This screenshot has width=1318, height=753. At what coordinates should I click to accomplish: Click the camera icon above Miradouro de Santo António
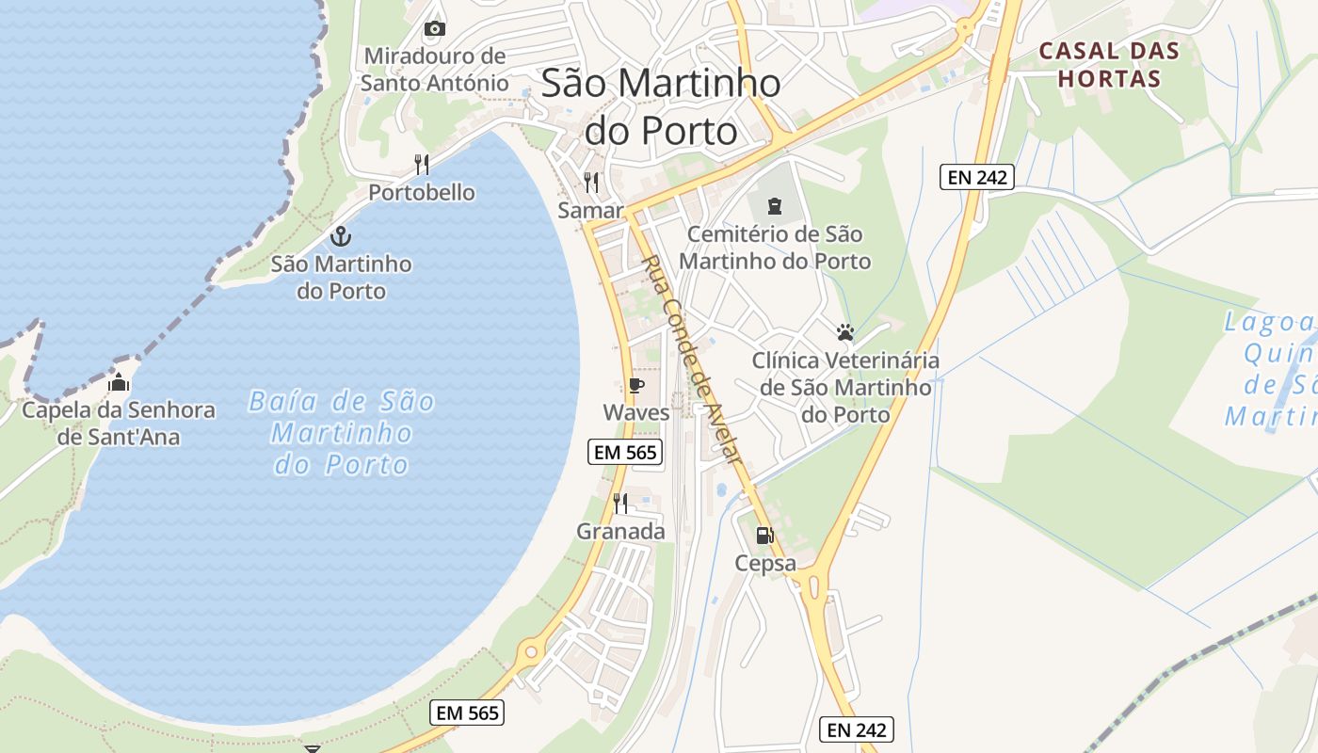tap(434, 28)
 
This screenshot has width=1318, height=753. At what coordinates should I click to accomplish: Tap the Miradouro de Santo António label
tap(434, 70)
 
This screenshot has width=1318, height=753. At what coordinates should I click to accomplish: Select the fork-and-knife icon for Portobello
tap(422, 165)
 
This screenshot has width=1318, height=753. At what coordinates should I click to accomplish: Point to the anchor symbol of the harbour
tap(341, 235)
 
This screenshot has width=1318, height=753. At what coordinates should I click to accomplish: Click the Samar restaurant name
tap(590, 210)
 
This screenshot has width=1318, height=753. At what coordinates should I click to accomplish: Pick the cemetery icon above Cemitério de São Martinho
tap(775, 205)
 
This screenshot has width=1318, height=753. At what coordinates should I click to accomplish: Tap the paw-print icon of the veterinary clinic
tap(844, 332)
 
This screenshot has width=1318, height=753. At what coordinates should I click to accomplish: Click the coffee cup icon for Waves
tap(636, 385)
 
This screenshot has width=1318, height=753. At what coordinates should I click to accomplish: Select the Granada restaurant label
tap(620, 531)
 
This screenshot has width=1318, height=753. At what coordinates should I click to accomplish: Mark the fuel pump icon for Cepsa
tap(764, 536)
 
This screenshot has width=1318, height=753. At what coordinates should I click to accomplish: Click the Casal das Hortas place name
tap(1109, 64)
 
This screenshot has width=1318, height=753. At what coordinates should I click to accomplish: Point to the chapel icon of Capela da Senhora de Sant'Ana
tap(119, 383)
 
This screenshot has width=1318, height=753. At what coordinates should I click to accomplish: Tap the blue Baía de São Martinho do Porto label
tap(341, 433)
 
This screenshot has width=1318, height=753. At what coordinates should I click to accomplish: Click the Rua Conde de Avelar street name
tap(692, 359)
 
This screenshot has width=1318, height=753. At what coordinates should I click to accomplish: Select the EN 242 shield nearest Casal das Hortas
tap(976, 176)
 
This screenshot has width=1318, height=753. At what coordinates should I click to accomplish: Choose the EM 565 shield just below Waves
tap(625, 452)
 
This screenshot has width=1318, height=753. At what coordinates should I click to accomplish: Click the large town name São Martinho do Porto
tap(661, 106)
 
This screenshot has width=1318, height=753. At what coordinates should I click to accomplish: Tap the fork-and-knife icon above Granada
tap(620, 504)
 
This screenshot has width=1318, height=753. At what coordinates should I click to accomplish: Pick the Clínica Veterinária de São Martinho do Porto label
tap(844, 387)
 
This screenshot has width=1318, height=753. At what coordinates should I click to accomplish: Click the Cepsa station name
tap(765, 564)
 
